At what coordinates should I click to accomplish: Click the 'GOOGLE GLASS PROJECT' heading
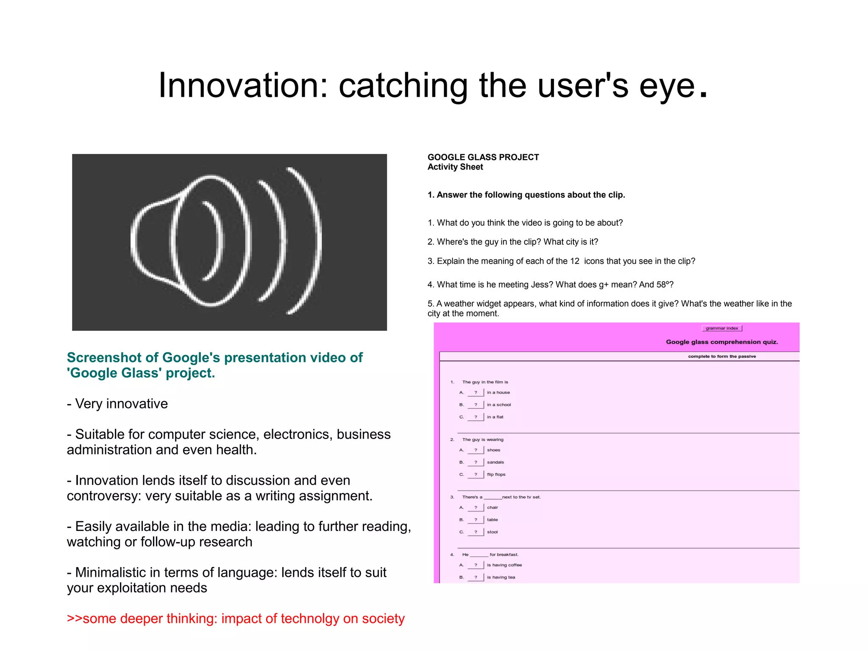(483, 157)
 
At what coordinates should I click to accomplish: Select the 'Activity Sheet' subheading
(455, 167)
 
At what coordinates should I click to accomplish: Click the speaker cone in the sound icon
(157, 242)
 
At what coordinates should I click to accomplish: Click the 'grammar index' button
(722, 328)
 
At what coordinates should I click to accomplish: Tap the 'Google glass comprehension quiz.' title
(722, 342)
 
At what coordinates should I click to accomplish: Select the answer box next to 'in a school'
(476, 405)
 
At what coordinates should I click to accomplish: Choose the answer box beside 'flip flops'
(476, 475)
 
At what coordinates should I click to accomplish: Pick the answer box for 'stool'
(476, 532)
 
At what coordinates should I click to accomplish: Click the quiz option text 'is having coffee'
(504, 565)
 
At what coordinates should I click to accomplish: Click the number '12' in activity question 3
(575, 261)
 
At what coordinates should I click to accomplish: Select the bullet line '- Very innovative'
(117, 404)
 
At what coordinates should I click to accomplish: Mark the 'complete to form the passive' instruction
(722, 356)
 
